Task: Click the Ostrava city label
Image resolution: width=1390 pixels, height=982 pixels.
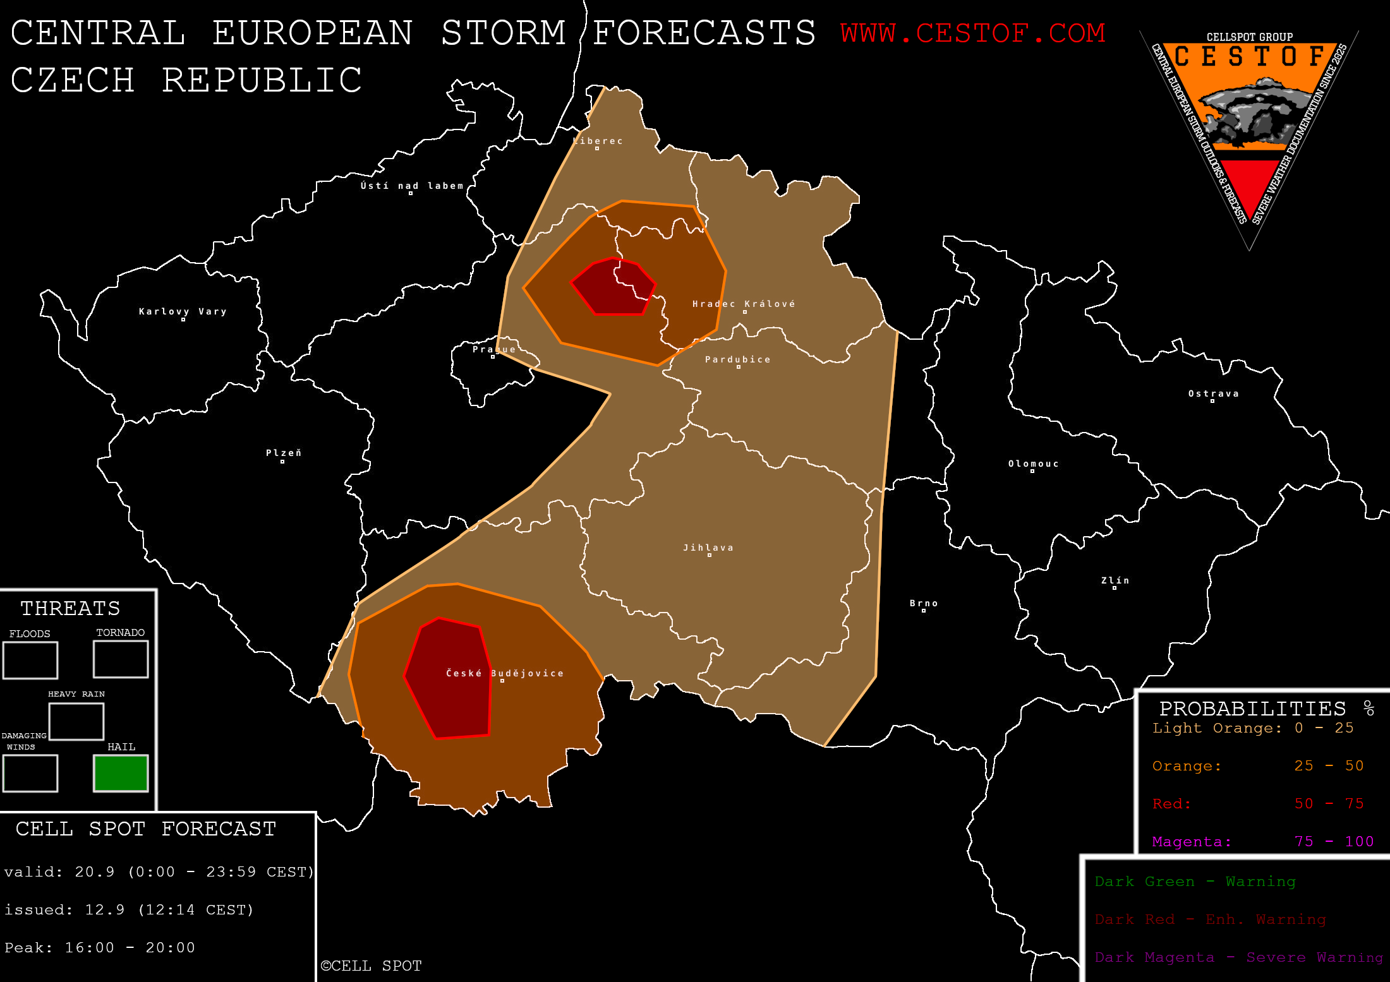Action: coord(1213,393)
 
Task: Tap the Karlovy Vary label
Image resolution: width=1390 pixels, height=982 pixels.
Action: coord(183,311)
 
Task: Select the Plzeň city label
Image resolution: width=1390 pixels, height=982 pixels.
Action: coord(284,453)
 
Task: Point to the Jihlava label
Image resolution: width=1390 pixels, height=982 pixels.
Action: coord(708,548)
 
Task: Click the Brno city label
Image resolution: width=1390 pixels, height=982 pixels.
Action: coord(924,603)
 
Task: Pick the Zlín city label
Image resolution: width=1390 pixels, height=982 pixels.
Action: coord(1115,580)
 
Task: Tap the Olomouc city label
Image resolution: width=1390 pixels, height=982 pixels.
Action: coord(1033,464)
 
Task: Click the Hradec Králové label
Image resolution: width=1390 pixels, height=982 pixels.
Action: coord(744,304)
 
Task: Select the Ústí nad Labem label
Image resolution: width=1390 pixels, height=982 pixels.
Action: coord(412,186)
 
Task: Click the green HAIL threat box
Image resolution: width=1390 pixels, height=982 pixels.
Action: coord(121,773)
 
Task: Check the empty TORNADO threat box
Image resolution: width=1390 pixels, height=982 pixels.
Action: coord(121,659)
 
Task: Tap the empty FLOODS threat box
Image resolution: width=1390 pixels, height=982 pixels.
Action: coord(30,660)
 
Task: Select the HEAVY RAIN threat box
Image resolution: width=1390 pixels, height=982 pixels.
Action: coord(76,721)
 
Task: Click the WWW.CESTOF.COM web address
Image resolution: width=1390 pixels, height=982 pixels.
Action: coord(972,33)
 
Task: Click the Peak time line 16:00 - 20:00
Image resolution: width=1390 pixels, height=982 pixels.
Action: coord(100,947)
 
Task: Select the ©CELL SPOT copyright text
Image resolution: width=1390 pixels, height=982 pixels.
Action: coord(371,966)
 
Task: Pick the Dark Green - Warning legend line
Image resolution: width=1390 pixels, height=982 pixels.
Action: coord(1195,882)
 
